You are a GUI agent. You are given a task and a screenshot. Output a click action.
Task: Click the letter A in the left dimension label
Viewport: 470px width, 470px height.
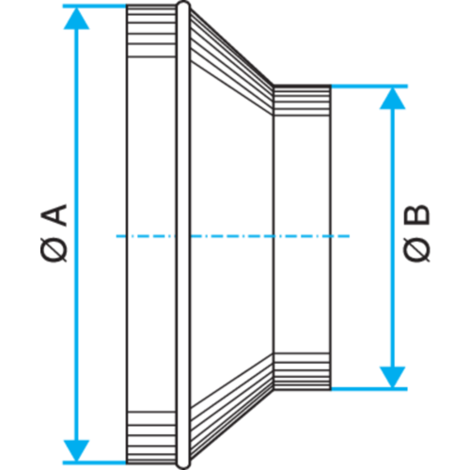(x=54, y=215)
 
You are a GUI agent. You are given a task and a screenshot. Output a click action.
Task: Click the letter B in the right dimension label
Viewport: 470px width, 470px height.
(x=416, y=214)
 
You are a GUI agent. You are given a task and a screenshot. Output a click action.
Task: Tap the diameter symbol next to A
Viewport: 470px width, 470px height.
(x=54, y=249)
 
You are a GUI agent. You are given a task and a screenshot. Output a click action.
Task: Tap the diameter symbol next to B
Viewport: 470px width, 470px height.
(x=416, y=249)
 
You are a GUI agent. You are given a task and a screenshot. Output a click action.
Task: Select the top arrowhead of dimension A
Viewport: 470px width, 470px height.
(x=76, y=18)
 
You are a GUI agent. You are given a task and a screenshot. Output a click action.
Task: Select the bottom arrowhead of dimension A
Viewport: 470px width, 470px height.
(x=76, y=451)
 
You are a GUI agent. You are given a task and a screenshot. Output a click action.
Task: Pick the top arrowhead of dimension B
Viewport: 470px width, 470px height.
(x=393, y=99)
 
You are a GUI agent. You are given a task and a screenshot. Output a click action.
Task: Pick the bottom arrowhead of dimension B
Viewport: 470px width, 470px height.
(x=393, y=377)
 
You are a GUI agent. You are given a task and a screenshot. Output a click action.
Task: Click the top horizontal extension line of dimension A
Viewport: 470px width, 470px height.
(x=94, y=6)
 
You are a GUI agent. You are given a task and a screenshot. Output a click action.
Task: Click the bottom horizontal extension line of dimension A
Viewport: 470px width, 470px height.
(x=94, y=462)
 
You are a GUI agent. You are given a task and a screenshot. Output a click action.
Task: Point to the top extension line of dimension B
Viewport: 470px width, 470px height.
(x=369, y=86)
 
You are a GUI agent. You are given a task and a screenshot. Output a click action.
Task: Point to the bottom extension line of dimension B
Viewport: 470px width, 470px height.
(x=369, y=389)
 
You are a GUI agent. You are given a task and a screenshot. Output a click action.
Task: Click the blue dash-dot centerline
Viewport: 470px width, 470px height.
(x=233, y=236)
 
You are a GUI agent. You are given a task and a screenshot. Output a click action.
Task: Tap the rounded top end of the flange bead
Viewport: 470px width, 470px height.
(x=183, y=6)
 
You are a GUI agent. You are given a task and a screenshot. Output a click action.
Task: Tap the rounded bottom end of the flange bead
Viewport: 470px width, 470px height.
(x=183, y=463)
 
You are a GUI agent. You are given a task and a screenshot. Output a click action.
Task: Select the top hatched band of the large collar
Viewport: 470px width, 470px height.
(x=151, y=31)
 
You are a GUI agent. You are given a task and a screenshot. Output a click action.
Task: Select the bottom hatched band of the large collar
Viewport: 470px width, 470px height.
(x=151, y=437)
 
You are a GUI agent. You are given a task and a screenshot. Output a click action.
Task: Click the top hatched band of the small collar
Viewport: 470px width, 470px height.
(x=302, y=101)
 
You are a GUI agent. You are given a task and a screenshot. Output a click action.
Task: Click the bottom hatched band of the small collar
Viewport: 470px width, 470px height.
(x=302, y=371)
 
